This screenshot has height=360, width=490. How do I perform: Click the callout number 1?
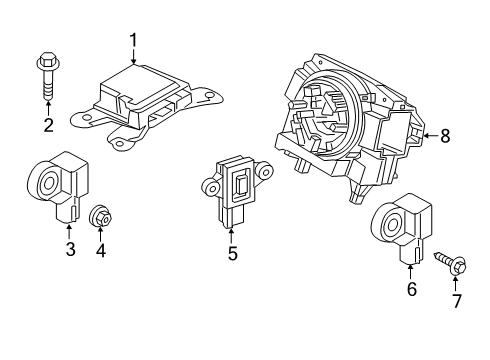tap(133, 41)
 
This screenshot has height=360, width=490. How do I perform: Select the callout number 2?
tap(46, 125)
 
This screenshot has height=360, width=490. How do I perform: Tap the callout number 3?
tap(70, 249)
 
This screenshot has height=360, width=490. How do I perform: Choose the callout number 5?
tap(232, 254)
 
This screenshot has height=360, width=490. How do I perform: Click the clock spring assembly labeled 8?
tap(355, 120)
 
